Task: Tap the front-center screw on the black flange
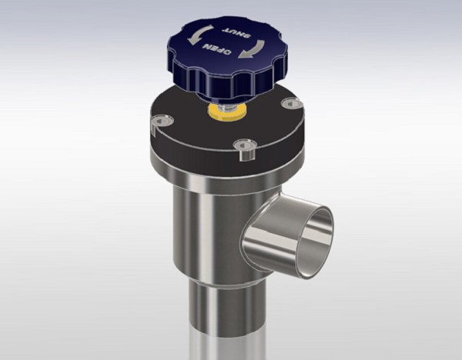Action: click(x=245, y=144)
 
